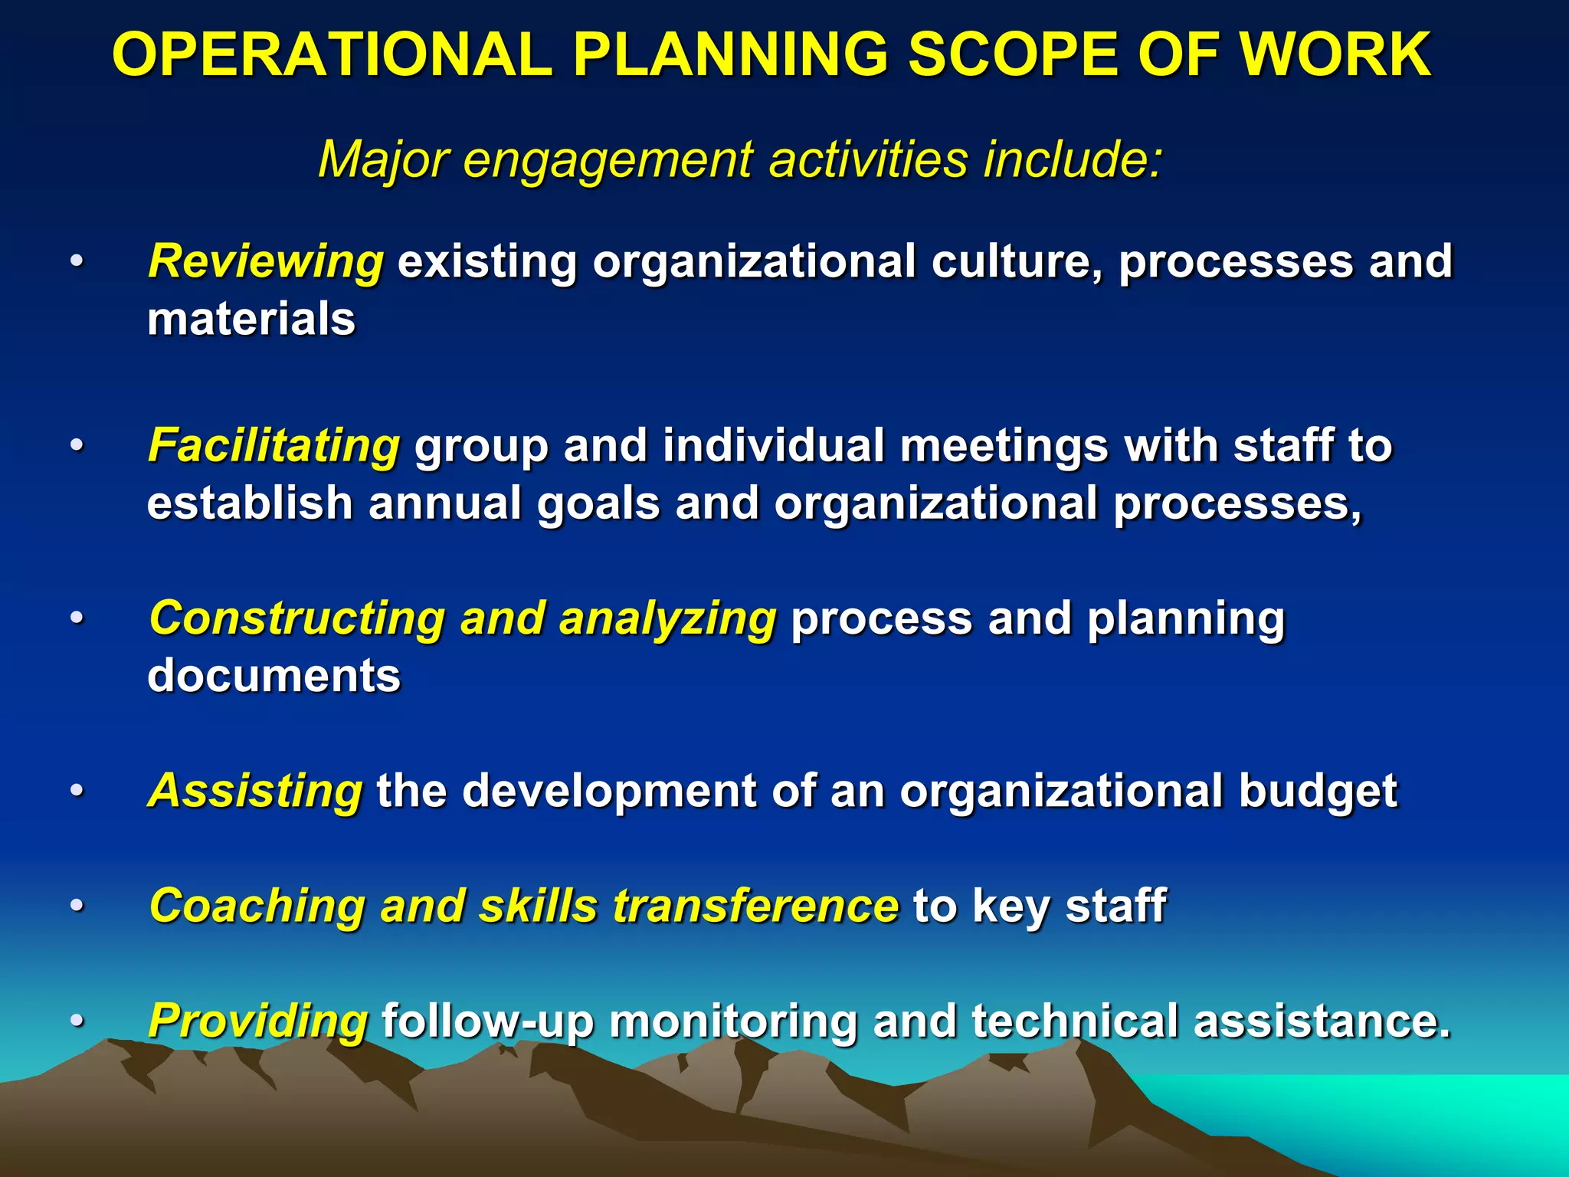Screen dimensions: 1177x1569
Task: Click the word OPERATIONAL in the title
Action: click(x=332, y=54)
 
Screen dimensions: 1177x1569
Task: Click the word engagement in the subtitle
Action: click(x=608, y=160)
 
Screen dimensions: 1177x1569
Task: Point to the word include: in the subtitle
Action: click(x=1073, y=159)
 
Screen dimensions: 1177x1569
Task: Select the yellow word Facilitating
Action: click(x=274, y=445)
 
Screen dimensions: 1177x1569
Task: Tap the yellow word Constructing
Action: click(x=297, y=618)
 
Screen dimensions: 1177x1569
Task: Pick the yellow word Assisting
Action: click(x=255, y=790)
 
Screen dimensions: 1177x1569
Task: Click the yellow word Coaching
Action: click(x=257, y=906)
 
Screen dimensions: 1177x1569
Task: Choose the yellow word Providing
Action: click(x=258, y=1021)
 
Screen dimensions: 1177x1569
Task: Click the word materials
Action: click(x=251, y=319)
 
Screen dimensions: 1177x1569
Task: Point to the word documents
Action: click(x=274, y=675)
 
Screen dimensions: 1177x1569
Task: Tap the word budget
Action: click(x=1318, y=790)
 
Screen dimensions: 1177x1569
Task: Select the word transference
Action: click(x=755, y=906)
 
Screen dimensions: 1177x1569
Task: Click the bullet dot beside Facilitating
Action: click(x=76, y=445)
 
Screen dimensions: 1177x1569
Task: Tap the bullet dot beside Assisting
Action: click(x=76, y=790)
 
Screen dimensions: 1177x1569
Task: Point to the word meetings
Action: click(x=1004, y=447)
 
